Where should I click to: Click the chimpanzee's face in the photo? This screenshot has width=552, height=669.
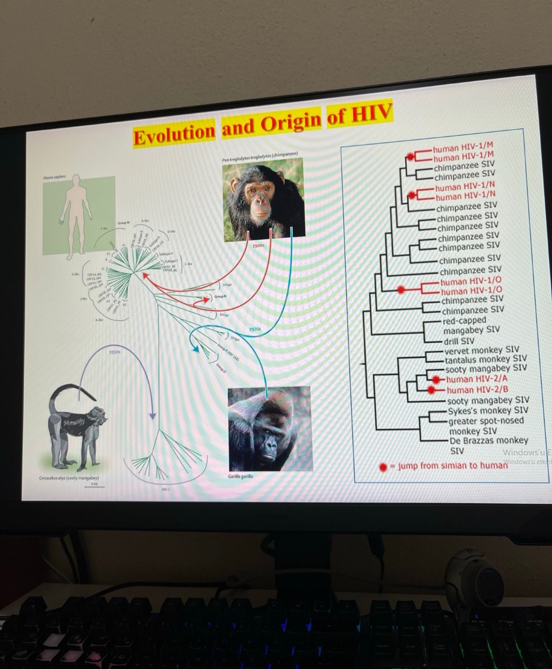point(260,196)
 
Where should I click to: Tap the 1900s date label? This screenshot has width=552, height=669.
point(259,246)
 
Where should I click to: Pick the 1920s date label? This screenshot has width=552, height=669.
point(255,329)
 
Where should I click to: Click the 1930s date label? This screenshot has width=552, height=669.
point(114,352)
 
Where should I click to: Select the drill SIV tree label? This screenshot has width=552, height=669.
point(459,341)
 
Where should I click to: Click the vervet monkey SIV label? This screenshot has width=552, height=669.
point(481,350)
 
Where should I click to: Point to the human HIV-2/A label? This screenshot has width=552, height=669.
point(477,379)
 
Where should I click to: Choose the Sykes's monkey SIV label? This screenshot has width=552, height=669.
point(488,410)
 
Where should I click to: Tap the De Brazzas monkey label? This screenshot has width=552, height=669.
point(489,440)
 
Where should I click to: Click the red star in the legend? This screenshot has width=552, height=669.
point(383,467)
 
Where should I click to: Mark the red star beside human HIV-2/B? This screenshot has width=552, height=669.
point(432,390)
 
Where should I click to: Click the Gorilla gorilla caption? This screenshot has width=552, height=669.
point(240,476)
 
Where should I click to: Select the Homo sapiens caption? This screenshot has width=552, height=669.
point(55,177)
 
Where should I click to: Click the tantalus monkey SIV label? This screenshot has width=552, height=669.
point(485,359)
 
